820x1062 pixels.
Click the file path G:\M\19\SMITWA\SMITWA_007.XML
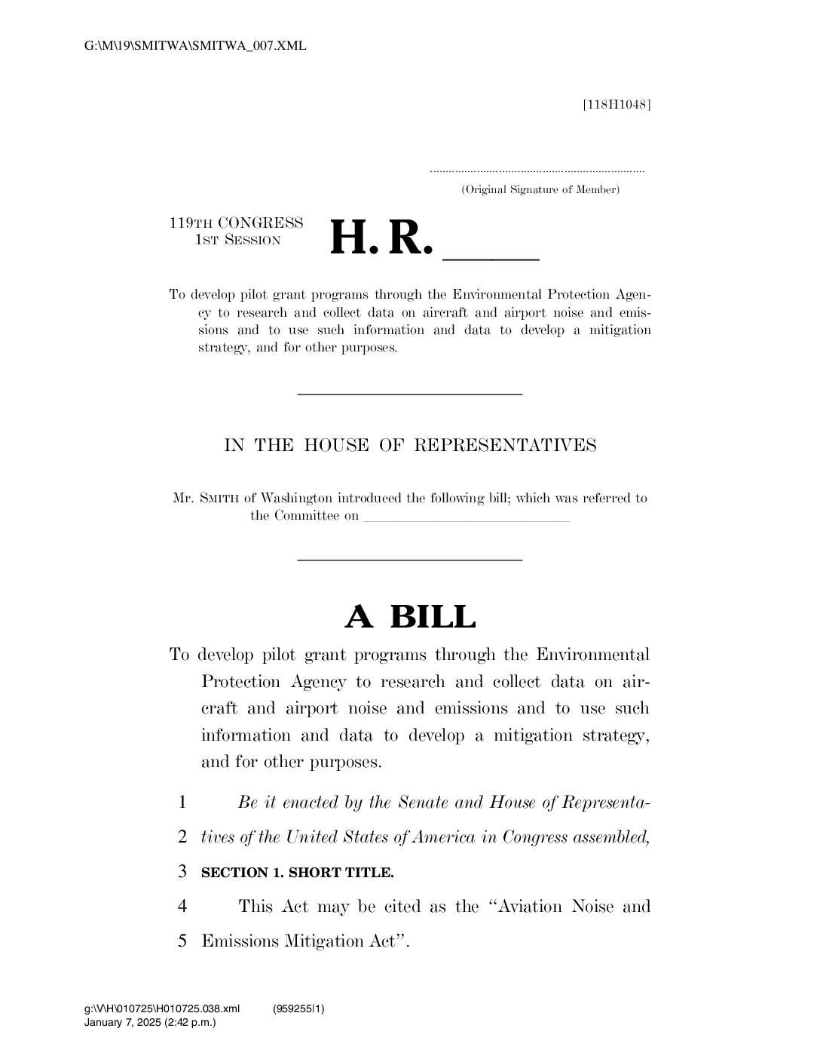pyautogui.click(x=196, y=46)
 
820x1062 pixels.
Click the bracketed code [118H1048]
pyautogui.click(x=617, y=104)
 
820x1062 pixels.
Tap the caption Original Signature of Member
pyautogui.click(x=540, y=189)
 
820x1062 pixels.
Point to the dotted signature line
pyautogui.click(x=537, y=173)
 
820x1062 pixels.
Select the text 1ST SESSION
pyautogui.click(x=237, y=241)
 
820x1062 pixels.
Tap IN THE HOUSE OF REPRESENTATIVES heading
pyautogui.click(x=410, y=445)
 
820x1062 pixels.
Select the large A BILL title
pyautogui.click(x=410, y=617)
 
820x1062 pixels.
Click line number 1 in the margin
pyautogui.click(x=182, y=803)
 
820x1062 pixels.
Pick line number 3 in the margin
pyautogui.click(x=182, y=872)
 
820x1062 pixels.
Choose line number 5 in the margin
pyautogui.click(x=182, y=941)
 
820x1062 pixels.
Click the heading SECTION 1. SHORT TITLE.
pyautogui.click(x=297, y=873)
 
